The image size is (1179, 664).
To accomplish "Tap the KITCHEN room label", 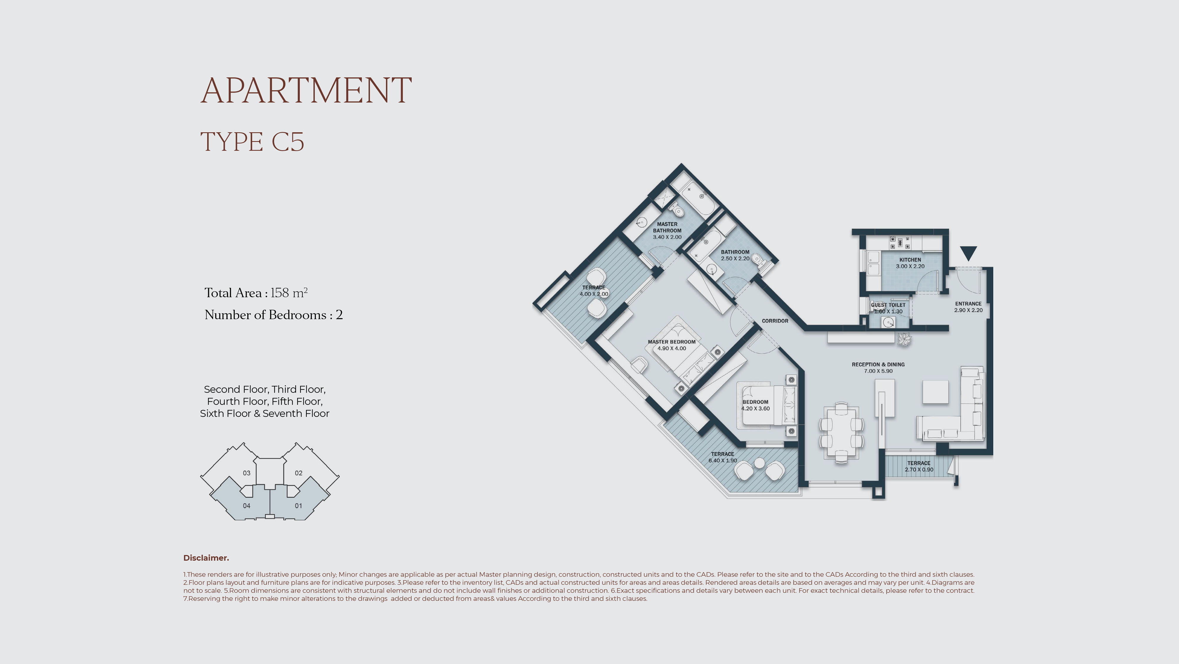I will [x=910, y=260].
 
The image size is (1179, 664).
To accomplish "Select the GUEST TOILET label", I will [x=888, y=305].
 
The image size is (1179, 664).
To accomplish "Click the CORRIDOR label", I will [x=775, y=321].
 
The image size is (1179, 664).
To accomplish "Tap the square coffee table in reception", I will [x=935, y=392].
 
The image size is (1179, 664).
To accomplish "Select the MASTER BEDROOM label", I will [x=671, y=342].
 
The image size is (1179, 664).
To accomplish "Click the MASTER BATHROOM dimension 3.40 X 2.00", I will [x=667, y=237].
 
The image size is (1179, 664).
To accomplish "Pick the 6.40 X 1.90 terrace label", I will [x=722, y=461].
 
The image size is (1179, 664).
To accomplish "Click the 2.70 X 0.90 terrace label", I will [x=918, y=470].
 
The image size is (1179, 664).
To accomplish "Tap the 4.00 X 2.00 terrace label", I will [x=594, y=294].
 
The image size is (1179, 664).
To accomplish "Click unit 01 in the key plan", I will [x=298, y=506].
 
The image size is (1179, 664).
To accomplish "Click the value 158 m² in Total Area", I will [x=289, y=293].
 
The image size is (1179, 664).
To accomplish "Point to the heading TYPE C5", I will [x=252, y=142].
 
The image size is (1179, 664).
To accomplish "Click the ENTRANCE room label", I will [x=968, y=304].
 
